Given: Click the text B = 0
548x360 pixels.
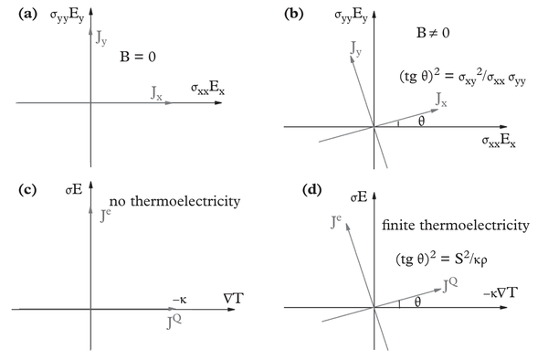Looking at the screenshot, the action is tap(140, 55).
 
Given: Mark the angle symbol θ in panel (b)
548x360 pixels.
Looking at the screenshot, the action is tap(421, 121).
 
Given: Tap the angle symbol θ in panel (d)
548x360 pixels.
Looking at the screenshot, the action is tap(419, 300).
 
